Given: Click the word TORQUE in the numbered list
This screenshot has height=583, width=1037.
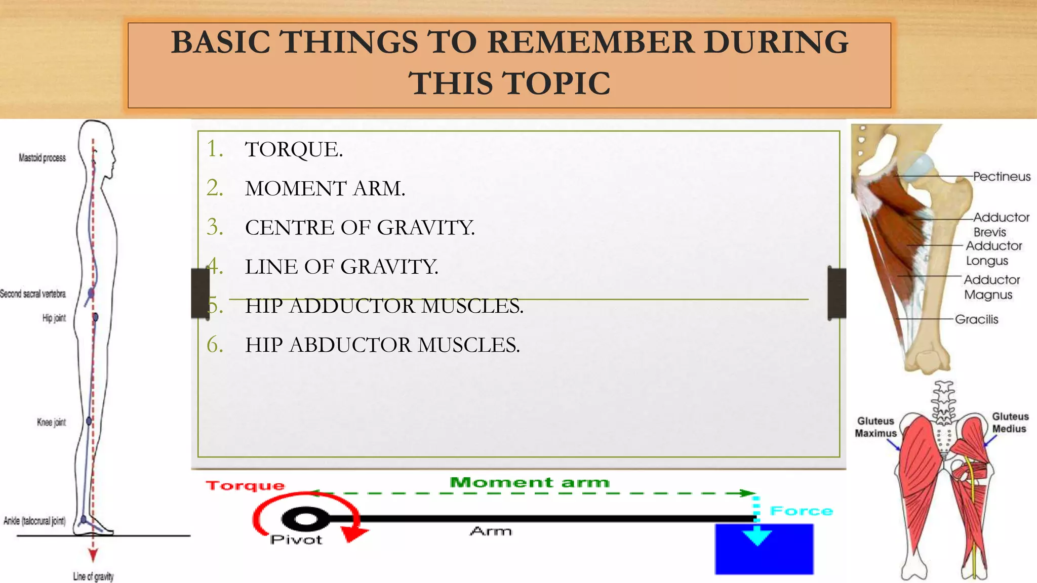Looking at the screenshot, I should tap(294, 150).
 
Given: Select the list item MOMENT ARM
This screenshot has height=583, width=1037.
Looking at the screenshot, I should tap(325, 189).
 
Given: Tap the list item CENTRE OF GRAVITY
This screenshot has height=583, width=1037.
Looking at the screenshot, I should tap(360, 228).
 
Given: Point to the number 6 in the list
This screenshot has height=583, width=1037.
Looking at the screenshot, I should tap(215, 345).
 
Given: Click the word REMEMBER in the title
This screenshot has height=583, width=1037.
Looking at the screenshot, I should tap(591, 42).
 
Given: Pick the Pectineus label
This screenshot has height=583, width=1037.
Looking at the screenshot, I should tap(1002, 177).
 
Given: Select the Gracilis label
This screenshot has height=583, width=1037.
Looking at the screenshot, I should tap(976, 319).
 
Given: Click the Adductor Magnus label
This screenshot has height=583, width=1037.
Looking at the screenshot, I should tap(990, 287).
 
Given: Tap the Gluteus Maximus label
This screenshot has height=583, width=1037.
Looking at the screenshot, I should tap(875, 427).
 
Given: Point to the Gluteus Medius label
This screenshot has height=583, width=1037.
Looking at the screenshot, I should tap(1010, 423).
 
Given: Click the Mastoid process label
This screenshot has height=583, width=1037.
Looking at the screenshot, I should tap(42, 158).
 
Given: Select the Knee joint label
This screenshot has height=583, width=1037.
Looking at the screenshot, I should tap(51, 422).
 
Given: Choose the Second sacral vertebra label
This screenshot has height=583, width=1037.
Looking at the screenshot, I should tap(33, 294).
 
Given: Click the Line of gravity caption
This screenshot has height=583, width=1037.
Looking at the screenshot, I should tap(93, 576).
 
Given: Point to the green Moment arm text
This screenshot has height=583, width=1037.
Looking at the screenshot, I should tap(529, 482).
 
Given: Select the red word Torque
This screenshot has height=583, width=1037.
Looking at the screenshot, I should tap(245, 486).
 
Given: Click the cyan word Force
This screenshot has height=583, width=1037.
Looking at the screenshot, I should tap(801, 511).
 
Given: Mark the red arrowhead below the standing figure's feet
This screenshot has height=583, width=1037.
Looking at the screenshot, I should tap(93, 556).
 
